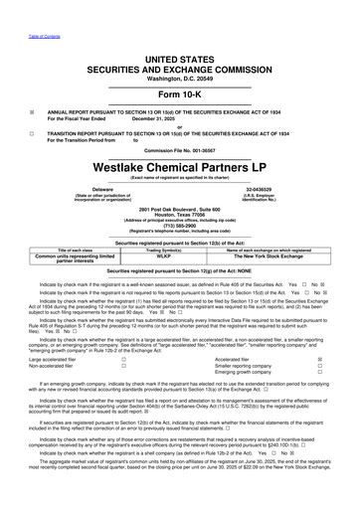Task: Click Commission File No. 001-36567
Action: [x=179, y=121]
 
